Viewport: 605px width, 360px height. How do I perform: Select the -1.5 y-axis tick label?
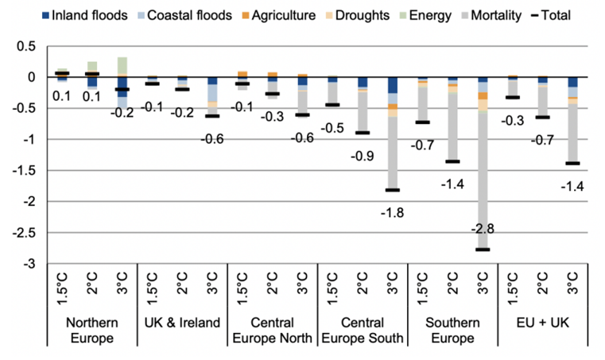coord(24,170)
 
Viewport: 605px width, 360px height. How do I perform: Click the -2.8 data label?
coord(481,229)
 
